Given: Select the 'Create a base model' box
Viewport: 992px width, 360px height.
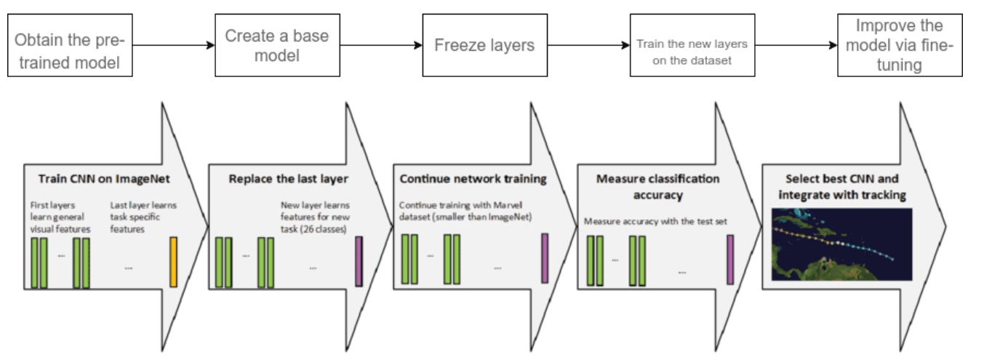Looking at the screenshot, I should (277, 45).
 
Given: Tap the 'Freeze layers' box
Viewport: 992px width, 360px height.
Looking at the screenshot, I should (484, 45).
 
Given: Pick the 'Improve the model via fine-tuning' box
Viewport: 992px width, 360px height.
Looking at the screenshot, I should (899, 45).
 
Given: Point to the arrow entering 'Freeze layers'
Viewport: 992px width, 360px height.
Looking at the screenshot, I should (381, 45).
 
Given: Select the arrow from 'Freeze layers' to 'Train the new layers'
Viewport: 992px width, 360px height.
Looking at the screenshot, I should (588, 45).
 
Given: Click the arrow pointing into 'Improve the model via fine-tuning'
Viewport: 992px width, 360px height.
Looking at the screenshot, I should (796, 45).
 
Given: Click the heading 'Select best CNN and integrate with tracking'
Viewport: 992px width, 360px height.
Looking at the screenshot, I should (841, 185).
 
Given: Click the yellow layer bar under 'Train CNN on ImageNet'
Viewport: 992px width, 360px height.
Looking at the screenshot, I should (173, 261).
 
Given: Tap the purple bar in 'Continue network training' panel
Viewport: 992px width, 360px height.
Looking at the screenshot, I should (544, 258).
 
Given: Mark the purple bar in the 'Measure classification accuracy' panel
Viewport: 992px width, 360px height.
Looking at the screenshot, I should (730, 260).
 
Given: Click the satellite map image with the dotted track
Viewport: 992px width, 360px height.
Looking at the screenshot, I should (841, 244).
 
